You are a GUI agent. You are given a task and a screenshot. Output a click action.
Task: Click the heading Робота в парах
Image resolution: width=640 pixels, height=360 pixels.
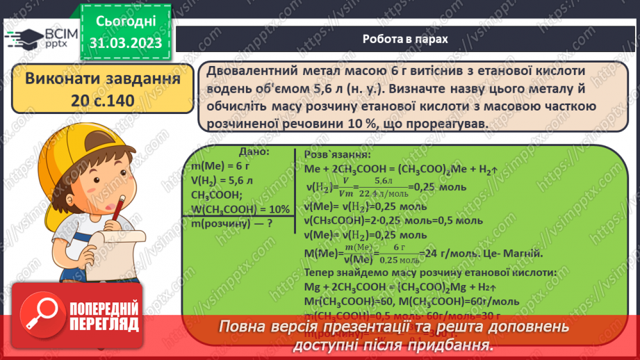pos(405,39)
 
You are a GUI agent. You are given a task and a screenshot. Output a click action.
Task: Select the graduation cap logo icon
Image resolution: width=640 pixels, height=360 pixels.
pos(23,37)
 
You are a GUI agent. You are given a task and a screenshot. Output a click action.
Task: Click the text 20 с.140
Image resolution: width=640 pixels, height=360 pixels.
pos(101,100)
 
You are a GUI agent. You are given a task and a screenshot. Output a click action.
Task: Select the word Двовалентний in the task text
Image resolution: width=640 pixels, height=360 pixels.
pos(246,72)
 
